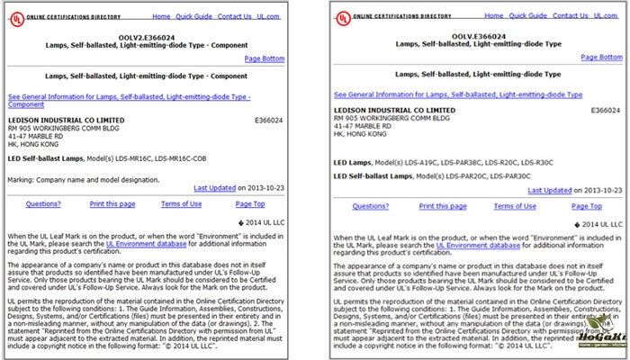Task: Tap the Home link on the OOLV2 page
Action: tap(161, 16)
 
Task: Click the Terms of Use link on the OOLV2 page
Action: tap(181, 204)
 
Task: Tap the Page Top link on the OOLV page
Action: tap(585, 205)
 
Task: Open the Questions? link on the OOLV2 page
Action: tap(42, 204)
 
